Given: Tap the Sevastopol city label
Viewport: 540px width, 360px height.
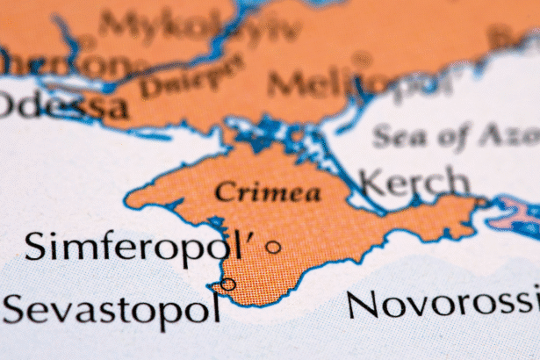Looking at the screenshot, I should pos(110,309).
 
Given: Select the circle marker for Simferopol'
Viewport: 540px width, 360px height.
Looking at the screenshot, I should pos(273,248).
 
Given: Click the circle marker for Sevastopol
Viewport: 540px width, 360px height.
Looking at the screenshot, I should pos(228,284).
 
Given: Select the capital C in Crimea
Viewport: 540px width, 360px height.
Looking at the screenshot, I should pos(222,191).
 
